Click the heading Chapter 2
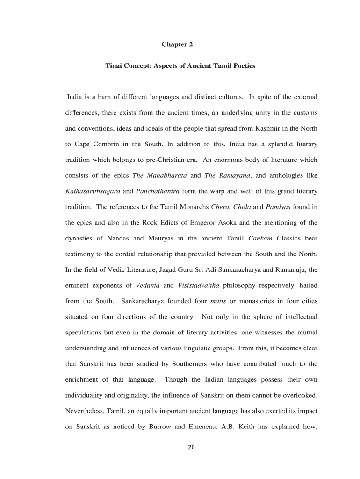177,44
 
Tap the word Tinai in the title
114,66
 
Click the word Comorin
102,145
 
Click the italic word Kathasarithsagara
93,191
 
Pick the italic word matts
218,301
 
